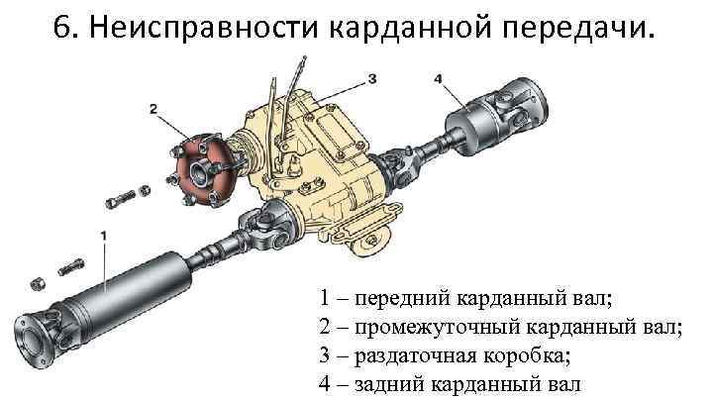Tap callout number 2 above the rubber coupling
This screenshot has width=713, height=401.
[154, 108]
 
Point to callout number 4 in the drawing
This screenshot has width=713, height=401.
[438, 76]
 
